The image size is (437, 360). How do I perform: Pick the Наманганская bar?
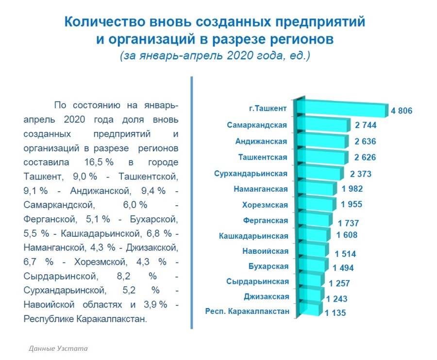(317, 188)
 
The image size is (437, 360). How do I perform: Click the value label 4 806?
(402, 111)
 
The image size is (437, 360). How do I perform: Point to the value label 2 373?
(361, 174)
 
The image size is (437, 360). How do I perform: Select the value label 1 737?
(348, 223)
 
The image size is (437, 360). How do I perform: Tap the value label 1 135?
(335, 312)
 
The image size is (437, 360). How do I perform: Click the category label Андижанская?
(261, 141)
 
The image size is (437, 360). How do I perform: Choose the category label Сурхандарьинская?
(251, 174)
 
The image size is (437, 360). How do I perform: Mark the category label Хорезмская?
(265, 205)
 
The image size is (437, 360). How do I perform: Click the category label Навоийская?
(265, 251)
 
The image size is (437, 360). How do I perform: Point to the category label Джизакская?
(267, 296)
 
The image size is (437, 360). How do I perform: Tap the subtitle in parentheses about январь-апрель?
(215, 56)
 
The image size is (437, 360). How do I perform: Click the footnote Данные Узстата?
(58, 348)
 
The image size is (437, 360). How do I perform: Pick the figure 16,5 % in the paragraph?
(99, 162)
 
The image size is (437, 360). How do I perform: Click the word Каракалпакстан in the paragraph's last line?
(112, 319)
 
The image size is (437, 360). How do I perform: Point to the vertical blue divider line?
(192, 203)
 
